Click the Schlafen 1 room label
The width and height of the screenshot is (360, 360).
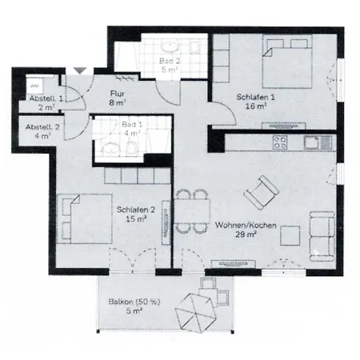click(254, 97)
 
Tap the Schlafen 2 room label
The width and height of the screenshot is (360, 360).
click(130, 210)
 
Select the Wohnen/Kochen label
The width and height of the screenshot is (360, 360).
click(246, 226)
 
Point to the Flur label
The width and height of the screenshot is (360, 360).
click(118, 93)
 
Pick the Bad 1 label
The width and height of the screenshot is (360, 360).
click(128, 126)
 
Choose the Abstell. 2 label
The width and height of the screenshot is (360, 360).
click(39, 127)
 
